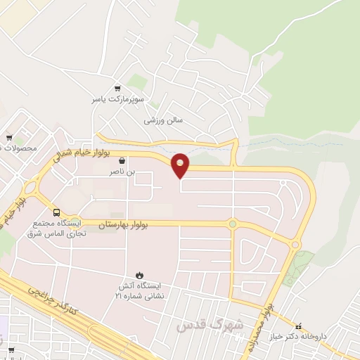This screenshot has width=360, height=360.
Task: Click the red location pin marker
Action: tap(181, 165)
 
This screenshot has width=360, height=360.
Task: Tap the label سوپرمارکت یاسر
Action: tap(117, 100)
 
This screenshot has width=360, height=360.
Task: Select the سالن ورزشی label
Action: tap(163, 120)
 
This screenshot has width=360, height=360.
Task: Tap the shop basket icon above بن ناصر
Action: tap(122, 160)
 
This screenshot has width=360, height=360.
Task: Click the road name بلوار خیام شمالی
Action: tap(77, 153)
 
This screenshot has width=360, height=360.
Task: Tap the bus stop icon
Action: tap(56, 212)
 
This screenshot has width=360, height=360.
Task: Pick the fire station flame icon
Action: tap(139, 275)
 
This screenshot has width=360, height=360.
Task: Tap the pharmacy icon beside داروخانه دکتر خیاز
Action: tap(300, 326)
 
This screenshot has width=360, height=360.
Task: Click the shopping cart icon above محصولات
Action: tap(9, 137)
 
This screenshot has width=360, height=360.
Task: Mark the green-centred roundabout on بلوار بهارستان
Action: tap(232, 224)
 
